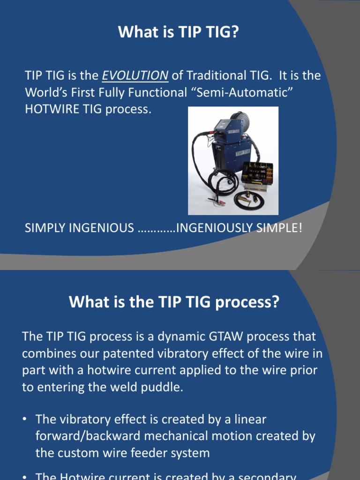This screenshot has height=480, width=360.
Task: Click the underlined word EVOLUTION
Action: tap(135, 75)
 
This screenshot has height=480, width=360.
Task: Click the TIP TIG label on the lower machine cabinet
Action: tap(242, 153)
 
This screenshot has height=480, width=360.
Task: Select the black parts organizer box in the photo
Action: tap(257, 172)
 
